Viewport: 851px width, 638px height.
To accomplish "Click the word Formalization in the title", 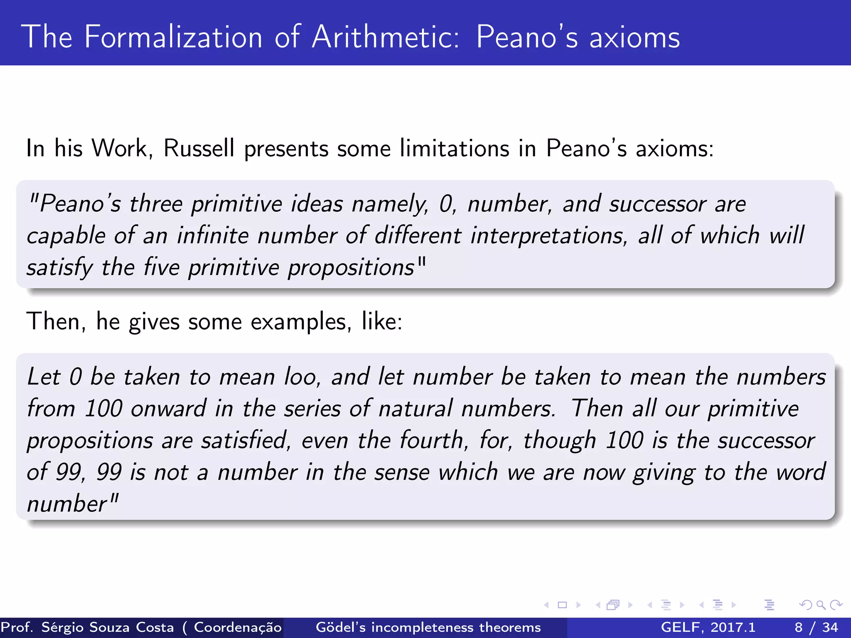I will tap(173, 37).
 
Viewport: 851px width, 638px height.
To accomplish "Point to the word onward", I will tap(168, 408).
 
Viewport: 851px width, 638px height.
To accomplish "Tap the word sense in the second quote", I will tap(401, 472).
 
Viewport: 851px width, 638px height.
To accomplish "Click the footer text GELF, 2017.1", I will tap(708, 627).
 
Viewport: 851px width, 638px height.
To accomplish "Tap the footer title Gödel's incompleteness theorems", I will tap(428, 627).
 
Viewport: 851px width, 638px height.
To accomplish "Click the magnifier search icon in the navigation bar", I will tap(821, 605).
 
